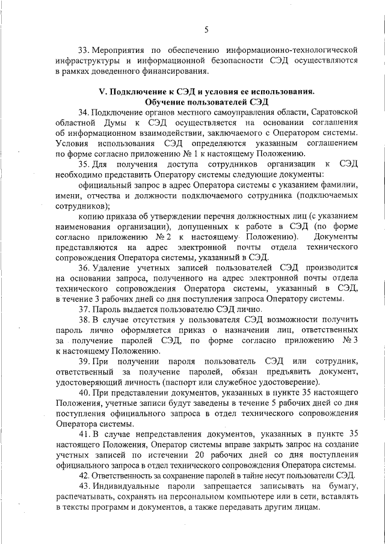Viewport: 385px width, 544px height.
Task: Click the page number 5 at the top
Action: (x=206, y=29)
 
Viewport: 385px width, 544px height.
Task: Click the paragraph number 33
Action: (x=84, y=50)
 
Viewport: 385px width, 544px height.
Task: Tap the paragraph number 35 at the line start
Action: (x=84, y=164)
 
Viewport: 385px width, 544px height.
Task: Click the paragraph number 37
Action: (x=84, y=308)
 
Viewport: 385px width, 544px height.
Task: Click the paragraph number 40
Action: (x=84, y=393)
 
